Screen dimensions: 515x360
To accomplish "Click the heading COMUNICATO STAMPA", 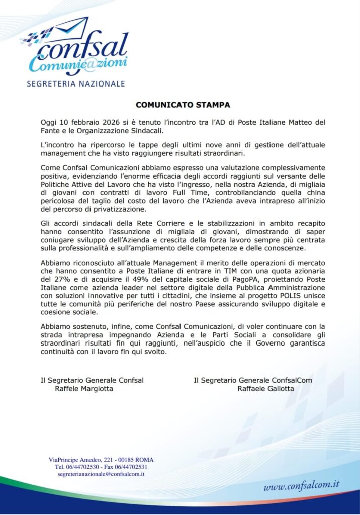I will coord(183,105).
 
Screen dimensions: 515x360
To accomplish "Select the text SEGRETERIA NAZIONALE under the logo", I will coord(75,83).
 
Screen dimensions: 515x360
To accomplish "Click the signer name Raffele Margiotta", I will coord(83,388).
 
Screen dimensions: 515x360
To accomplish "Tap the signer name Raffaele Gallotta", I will coord(266,388).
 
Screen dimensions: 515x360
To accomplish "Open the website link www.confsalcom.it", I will coord(301,486).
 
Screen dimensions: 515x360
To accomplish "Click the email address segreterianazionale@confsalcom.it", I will coord(101,474).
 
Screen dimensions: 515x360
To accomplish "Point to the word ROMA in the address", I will coord(144,460).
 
